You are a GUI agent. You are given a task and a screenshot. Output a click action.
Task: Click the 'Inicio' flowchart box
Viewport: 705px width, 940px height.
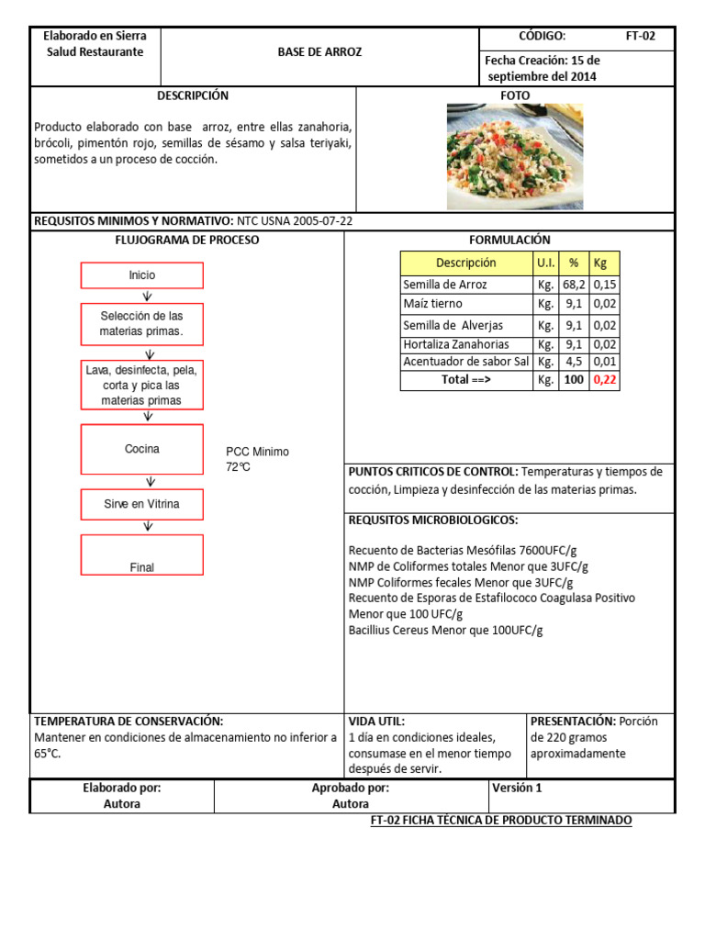tap(142, 275)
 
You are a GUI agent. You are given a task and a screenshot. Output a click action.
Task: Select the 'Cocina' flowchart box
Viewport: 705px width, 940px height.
tap(142, 449)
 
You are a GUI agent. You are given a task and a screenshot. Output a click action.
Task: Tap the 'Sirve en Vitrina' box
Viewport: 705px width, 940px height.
tap(142, 504)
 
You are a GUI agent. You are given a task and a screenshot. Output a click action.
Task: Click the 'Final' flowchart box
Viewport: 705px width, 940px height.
tap(142, 555)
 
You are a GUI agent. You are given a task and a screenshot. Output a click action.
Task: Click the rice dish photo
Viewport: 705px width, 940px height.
tap(515, 156)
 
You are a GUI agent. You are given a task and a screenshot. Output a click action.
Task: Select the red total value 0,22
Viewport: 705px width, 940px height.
tap(605, 379)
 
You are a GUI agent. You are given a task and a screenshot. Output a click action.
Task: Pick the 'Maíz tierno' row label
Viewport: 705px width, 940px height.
tap(433, 304)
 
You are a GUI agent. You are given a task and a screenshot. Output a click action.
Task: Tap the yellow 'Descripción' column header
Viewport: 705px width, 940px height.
tap(465, 263)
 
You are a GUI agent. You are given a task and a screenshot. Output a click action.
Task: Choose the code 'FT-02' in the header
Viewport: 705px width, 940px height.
tap(641, 37)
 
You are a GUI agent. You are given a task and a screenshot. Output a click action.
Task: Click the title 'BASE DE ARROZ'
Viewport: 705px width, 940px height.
tap(320, 52)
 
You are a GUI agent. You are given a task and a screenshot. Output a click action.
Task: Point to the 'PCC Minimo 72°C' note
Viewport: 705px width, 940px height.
tap(257, 459)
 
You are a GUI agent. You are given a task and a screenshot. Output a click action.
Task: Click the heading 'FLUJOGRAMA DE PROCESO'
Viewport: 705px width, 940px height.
tap(186, 240)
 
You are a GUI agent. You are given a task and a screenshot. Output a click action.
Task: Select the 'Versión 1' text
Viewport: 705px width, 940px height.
tap(517, 788)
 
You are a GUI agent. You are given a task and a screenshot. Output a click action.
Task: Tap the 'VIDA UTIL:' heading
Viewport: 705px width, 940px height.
tap(376, 722)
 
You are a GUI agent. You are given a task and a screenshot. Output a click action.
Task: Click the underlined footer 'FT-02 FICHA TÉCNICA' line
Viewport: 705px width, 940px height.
tap(501, 821)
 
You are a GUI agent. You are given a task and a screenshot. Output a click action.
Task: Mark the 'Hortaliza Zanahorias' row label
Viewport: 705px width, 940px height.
tap(456, 344)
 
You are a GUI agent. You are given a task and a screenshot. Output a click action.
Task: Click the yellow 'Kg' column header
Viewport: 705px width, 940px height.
tap(602, 263)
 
